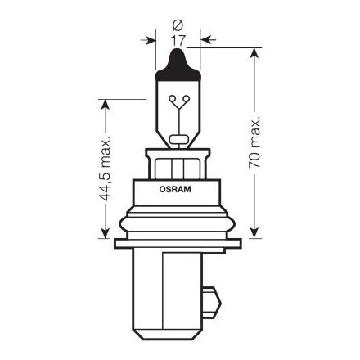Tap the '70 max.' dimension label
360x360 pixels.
255,142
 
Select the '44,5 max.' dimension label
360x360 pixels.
104,169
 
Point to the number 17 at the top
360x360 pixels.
178,38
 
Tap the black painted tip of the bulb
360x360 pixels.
178,59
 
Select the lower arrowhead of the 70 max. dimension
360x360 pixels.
255,232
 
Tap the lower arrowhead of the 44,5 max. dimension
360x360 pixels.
104,232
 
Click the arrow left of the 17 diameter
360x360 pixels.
150,38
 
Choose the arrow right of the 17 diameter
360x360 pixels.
205,38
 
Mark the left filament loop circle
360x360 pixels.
173,101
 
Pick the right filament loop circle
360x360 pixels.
184,101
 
